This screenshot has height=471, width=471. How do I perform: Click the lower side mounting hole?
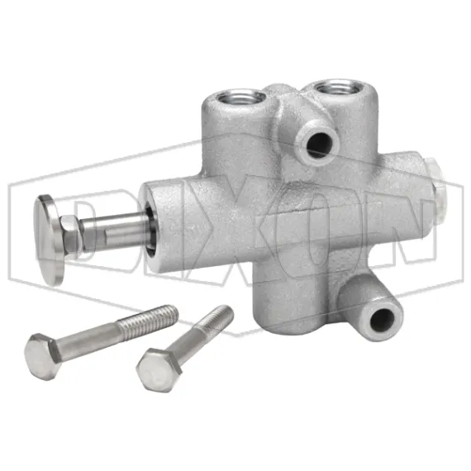(x=383, y=318)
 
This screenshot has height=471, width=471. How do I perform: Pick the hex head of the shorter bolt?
(x=155, y=366)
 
